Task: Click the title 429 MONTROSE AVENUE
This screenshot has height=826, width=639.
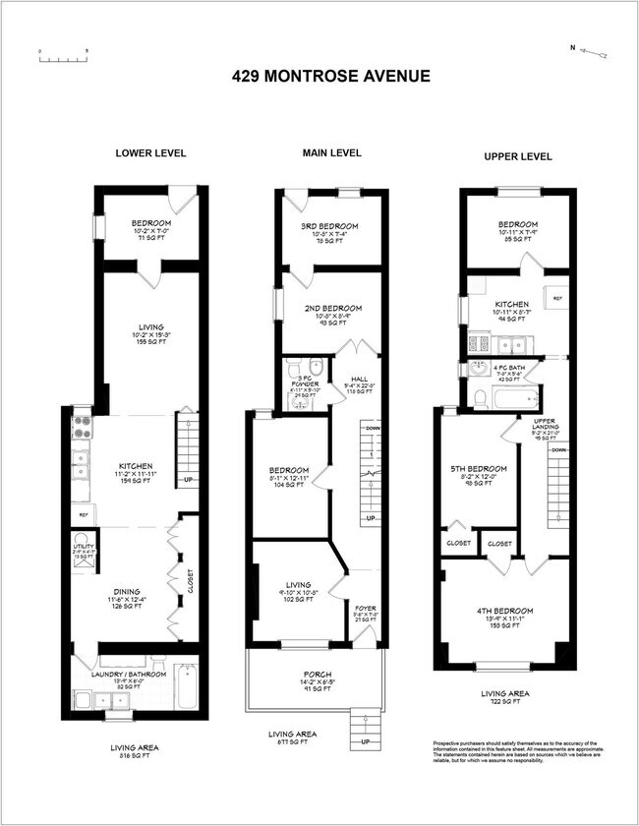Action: click(x=330, y=76)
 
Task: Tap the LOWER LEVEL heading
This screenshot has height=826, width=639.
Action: click(x=150, y=153)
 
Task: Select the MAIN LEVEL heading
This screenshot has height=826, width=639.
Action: click(x=331, y=152)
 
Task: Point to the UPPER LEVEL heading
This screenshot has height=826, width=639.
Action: click(x=518, y=156)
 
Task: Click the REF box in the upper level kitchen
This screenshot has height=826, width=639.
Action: click(x=556, y=297)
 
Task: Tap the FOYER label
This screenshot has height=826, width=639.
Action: click(x=366, y=610)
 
